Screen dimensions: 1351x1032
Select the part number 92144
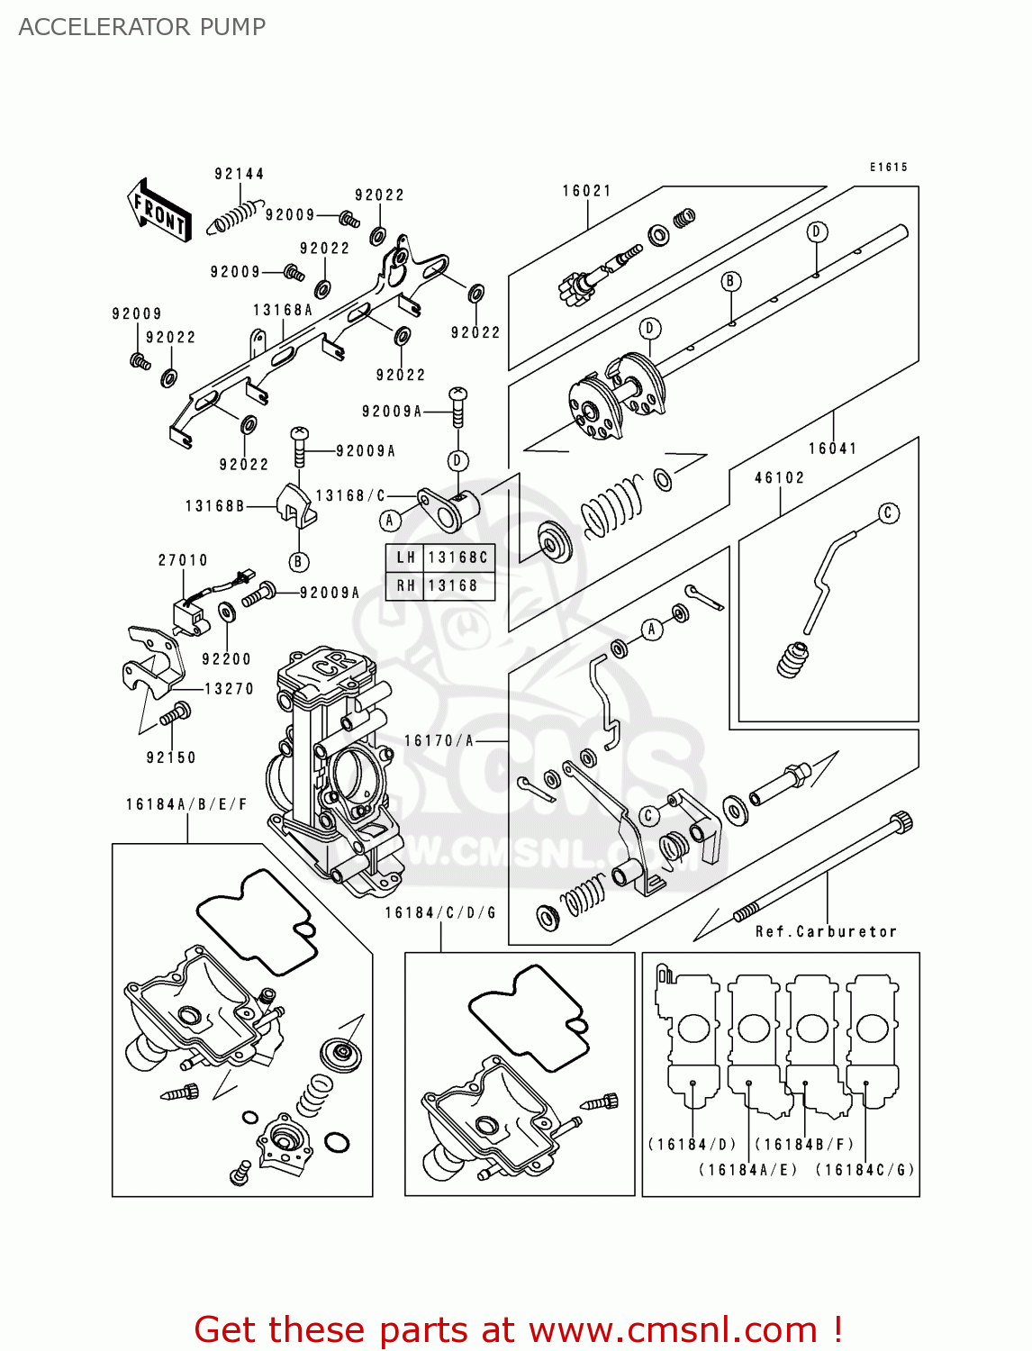240,174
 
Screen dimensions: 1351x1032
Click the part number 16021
587,191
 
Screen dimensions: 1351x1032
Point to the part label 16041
833,449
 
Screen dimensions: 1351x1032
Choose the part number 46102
780,478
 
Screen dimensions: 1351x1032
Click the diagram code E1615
889,168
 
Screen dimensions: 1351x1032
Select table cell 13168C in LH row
458,558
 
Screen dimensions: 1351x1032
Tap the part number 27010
184,560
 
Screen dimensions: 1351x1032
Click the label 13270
230,689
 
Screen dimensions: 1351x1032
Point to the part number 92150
171,758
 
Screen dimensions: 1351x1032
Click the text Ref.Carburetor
826,932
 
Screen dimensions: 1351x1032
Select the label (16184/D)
693,1145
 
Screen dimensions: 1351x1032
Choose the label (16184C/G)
865,1170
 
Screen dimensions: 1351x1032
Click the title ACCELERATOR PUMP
142,27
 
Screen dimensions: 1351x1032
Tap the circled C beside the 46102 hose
888,513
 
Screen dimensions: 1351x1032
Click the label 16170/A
439,740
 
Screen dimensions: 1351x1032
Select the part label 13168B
215,506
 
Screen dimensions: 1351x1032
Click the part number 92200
226,659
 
